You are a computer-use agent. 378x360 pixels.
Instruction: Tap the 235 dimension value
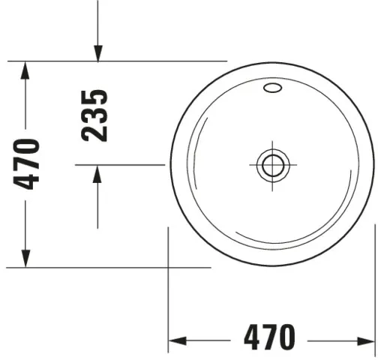(95, 115)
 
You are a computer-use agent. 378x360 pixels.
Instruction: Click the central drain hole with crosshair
(271, 163)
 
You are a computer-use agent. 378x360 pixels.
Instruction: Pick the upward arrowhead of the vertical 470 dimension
(25, 70)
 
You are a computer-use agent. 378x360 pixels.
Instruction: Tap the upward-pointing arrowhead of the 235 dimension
(98, 174)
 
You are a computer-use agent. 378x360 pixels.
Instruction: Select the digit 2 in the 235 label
(95, 133)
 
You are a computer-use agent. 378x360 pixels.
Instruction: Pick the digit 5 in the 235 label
(95, 98)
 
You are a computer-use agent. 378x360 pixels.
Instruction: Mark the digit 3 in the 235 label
(95, 115)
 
